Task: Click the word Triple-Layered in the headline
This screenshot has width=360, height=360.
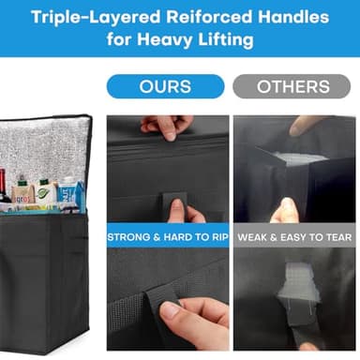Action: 96,18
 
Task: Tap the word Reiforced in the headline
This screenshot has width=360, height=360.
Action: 209,17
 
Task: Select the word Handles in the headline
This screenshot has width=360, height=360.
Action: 293,17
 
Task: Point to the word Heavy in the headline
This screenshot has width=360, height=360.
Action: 164,40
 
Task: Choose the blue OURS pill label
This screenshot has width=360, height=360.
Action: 166,86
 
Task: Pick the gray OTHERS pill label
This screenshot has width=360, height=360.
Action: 292,86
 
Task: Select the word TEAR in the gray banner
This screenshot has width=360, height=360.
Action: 339,237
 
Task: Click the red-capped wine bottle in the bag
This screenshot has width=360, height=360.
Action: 4,187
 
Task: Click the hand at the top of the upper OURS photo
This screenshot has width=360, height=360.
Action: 167,127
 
